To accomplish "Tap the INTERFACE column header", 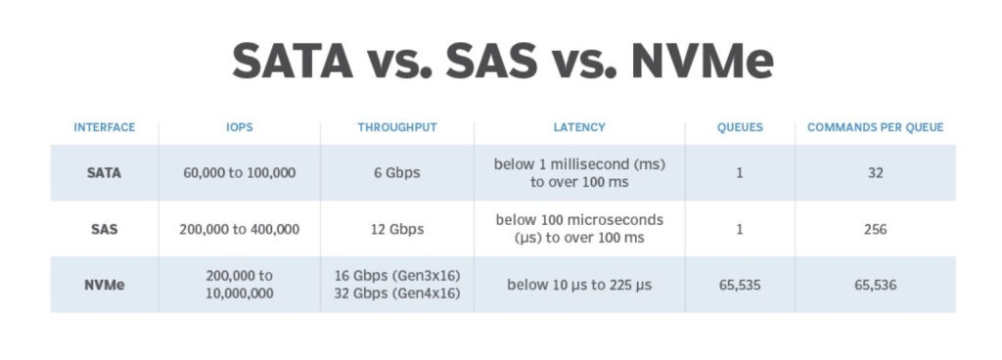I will pyautogui.click(x=104, y=128).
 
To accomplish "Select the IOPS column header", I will pyautogui.click(x=240, y=128).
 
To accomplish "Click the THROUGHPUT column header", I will pyautogui.click(x=397, y=128).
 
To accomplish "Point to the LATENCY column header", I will pyautogui.click(x=579, y=128).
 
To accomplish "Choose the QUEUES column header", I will pyautogui.click(x=740, y=128).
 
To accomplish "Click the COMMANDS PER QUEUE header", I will pyautogui.click(x=875, y=128).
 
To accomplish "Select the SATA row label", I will pyautogui.click(x=104, y=173).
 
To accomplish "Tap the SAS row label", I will pyautogui.click(x=104, y=229).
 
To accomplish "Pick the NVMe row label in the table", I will pyautogui.click(x=104, y=285).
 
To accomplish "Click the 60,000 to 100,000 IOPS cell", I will pyautogui.click(x=240, y=173).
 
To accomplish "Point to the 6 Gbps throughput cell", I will pyautogui.click(x=397, y=173).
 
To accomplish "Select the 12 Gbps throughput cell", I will pyautogui.click(x=397, y=229).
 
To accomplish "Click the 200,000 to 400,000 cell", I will pyautogui.click(x=240, y=229).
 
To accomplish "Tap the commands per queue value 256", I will pyautogui.click(x=875, y=229).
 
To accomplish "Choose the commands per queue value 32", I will pyautogui.click(x=875, y=173).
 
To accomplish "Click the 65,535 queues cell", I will pyautogui.click(x=740, y=285).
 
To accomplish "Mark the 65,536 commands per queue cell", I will pyautogui.click(x=875, y=285).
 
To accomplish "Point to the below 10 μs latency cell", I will pyautogui.click(x=579, y=285).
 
